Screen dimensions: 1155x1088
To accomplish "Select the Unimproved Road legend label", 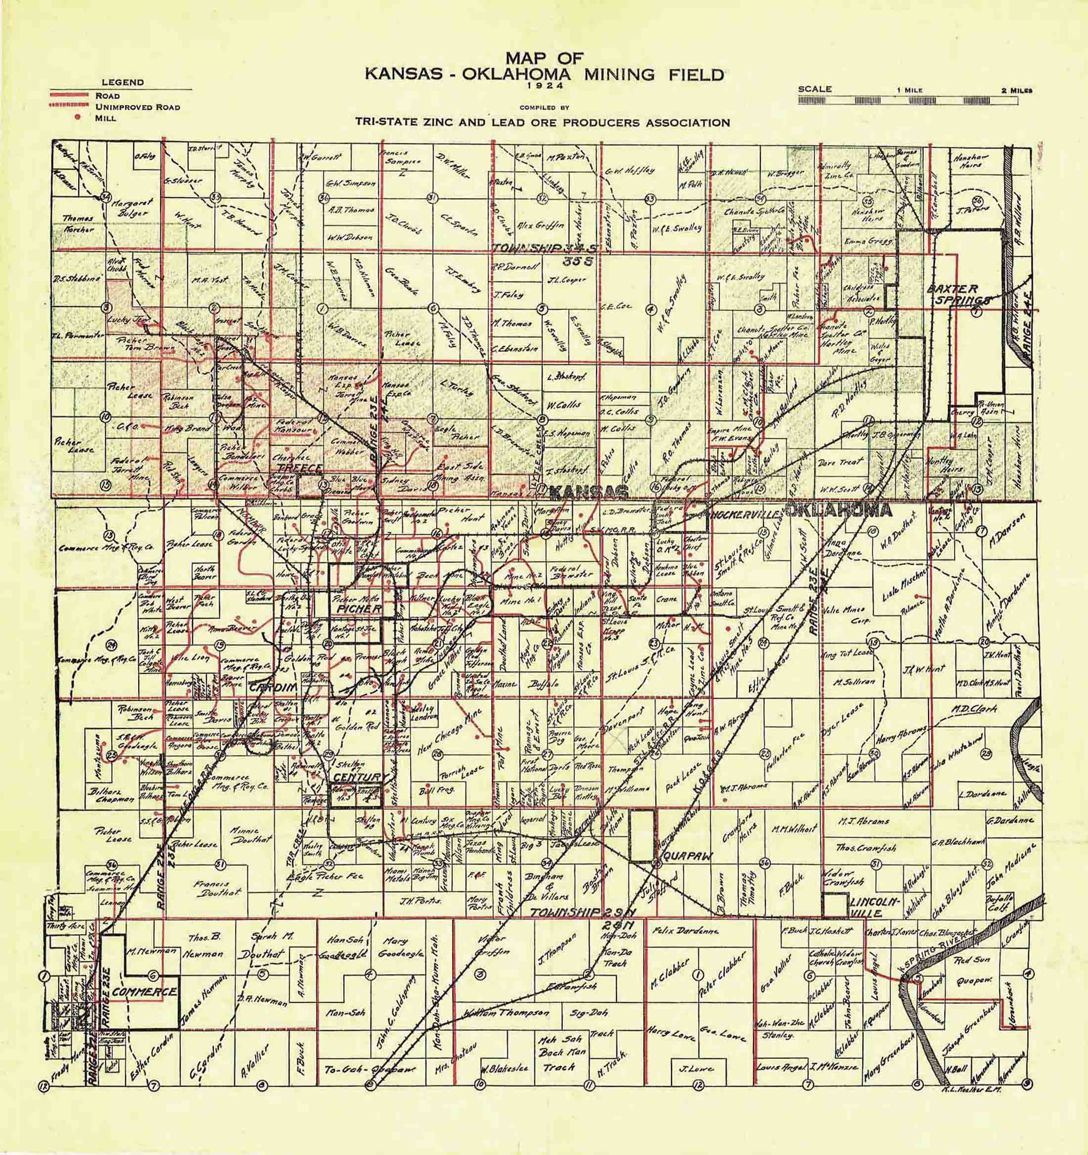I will pyautogui.click(x=137, y=107).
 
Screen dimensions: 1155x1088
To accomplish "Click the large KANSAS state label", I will pyautogui.click(x=588, y=493).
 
